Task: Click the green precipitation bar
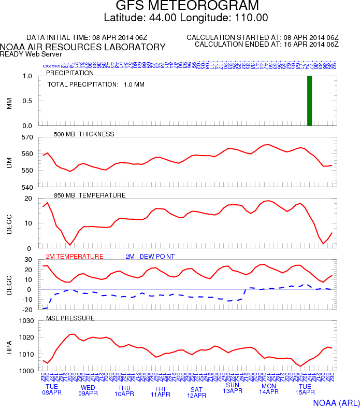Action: click(x=310, y=101)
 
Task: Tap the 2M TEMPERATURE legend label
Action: click(x=75, y=257)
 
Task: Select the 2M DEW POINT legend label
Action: click(x=150, y=257)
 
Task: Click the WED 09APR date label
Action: click(x=88, y=390)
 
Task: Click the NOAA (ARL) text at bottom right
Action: click(x=336, y=402)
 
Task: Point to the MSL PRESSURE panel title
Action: click(x=70, y=318)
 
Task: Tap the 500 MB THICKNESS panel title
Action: click(x=84, y=134)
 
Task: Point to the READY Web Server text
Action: click(x=31, y=54)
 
